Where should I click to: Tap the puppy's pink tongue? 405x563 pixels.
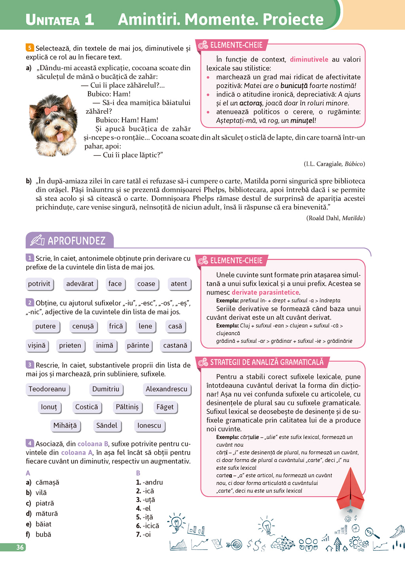coord(60,136)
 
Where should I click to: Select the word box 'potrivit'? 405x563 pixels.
coord(39,284)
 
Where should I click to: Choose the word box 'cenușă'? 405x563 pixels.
coord(83,326)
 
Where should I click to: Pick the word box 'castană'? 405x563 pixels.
coord(175,346)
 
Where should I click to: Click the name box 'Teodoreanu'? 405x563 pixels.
coord(47,389)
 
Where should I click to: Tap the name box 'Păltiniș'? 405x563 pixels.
coord(127,407)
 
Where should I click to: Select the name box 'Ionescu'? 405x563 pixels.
coord(149,425)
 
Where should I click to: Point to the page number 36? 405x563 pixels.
coord(20,547)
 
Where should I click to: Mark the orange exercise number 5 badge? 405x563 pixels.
coord(30,48)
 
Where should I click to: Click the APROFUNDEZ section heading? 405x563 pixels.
coord(76,240)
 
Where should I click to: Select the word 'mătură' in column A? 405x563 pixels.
coord(47,514)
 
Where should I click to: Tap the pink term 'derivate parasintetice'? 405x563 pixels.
coord(265,292)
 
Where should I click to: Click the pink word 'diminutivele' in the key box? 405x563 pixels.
coord(309,59)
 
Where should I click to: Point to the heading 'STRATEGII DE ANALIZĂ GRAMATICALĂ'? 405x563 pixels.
coord(267,362)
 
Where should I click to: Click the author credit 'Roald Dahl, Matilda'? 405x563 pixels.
coord(335,218)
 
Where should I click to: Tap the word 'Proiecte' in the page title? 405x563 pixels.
coord(293,19)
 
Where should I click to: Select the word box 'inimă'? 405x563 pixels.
coord(104,346)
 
